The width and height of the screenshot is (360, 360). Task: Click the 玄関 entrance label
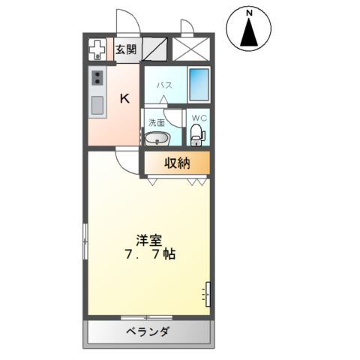point(126,50)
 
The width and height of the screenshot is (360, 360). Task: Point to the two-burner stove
point(97,78)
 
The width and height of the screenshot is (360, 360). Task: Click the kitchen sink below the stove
point(97,105)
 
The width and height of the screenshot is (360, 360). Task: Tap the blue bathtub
point(198,85)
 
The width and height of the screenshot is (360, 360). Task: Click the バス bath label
point(164,85)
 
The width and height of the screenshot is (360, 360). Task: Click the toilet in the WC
point(197,136)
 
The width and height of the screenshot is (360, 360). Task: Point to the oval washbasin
point(156,138)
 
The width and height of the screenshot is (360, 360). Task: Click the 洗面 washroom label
point(155,121)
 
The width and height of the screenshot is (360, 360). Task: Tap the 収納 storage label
point(177,161)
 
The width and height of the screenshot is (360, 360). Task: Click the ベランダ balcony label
point(148,331)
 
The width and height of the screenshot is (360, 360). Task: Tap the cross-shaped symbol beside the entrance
point(97,50)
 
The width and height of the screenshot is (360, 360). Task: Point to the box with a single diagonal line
point(154,50)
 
